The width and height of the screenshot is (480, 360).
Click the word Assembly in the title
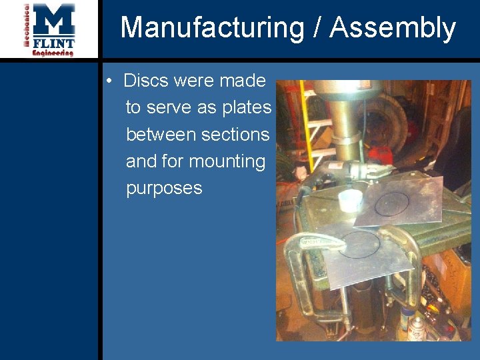tap(393, 28)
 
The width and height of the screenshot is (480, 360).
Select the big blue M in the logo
tap(54, 19)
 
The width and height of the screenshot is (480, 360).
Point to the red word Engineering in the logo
tap(53, 53)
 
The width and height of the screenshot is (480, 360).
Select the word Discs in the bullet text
tap(147, 81)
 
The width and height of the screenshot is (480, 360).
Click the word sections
tap(235, 134)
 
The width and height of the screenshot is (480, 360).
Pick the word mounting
tap(227, 161)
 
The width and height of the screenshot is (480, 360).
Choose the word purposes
tap(164, 188)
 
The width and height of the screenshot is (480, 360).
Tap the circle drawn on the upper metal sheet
tap(397, 203)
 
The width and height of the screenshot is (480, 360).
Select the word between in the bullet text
tap(161, 134)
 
